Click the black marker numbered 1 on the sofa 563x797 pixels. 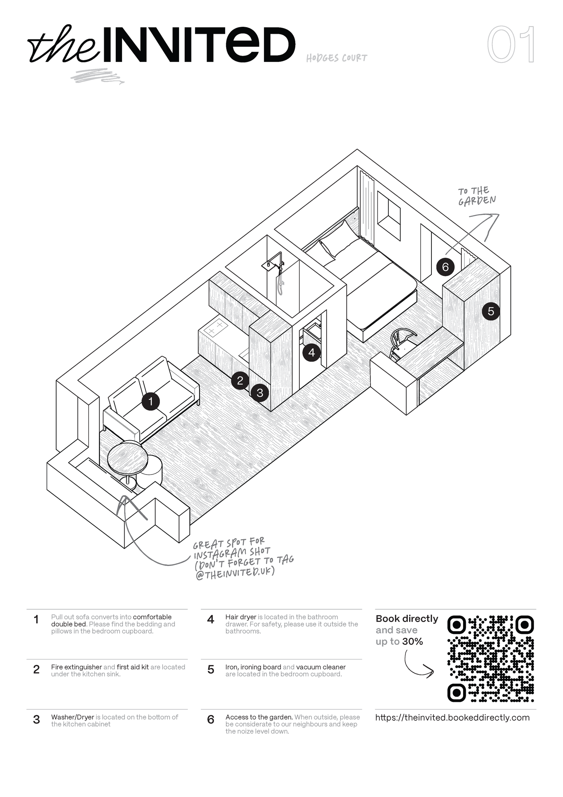click(x=151, y=401)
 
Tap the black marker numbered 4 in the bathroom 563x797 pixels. click(x=311, y=352)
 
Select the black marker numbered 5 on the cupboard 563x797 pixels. click(x=491, y=311)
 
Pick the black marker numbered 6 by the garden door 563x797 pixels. click(x=445, y=267)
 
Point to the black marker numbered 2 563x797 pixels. click(x=240, y=380)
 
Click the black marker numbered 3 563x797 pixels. click(x=260, y=392)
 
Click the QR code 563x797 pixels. click(x=491, y=659)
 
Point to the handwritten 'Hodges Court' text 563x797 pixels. click(x=336, y=58)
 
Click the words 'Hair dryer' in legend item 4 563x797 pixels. click(x=241, y=617)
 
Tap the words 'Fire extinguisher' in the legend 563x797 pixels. click(x=76, y=667)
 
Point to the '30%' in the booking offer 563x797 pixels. click(x=412, y=642)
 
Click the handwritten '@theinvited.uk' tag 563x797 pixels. click(x=235, y=573)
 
